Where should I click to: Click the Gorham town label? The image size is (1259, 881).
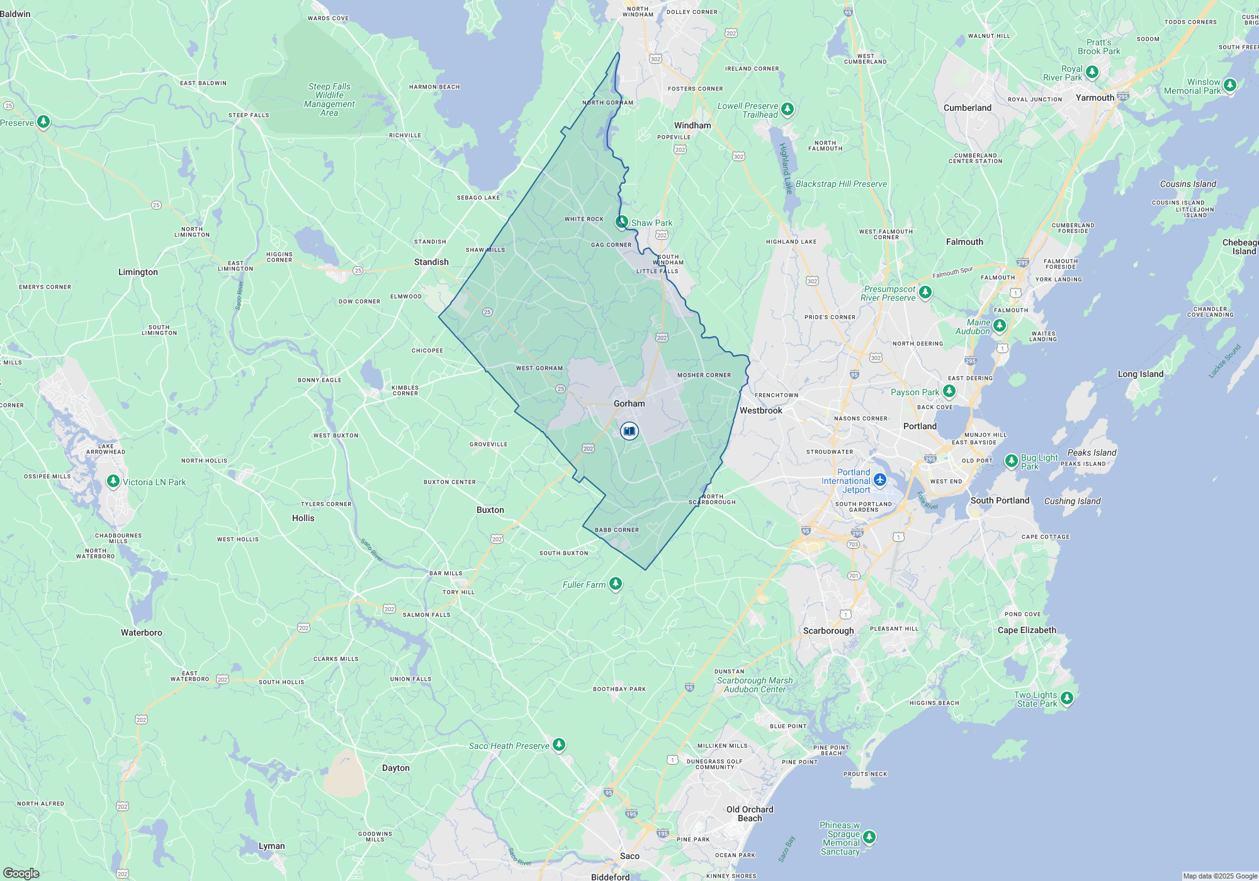pos(629,403)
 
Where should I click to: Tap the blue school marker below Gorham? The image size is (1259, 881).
pos(629,431)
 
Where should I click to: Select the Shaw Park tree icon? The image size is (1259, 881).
pos(622,222)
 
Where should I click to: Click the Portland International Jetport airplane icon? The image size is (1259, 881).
pos(880,480)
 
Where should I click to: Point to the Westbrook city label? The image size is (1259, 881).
pos(760,410)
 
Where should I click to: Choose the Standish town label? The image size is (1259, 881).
pos(431,262)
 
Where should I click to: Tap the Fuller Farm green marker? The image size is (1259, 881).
pos(616,584)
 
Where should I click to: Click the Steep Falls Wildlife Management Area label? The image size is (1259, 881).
pos(329,99)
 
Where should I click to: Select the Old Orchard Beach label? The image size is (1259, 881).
pos(749,814)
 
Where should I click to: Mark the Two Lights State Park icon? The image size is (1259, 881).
pos(1066,698)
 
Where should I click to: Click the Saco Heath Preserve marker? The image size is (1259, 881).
pos(558,745)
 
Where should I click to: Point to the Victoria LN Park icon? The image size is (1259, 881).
pos(113,481)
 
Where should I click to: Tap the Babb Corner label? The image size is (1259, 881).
pos(617,530)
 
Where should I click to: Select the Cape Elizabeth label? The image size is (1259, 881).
pos(1027,630)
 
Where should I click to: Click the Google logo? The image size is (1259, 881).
pos(21,873)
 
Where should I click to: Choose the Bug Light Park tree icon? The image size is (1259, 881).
pos(1011,461)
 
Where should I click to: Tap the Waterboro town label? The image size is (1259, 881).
pos(142,632)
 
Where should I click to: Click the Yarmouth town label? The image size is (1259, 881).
pos(1095,98)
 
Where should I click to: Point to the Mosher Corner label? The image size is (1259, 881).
pos(704,375)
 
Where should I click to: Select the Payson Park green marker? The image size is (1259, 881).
pos(949,391)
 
